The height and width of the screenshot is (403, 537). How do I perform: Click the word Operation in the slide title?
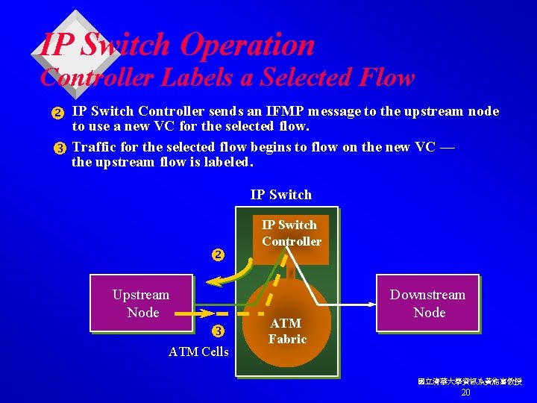[247, 46]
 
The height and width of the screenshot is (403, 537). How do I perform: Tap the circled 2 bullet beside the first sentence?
[57, 113]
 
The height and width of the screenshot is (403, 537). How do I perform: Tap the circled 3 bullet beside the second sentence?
[57, 148]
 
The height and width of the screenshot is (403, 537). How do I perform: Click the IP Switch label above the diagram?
[281, 195]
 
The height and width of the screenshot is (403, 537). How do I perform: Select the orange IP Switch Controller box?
[291, 237]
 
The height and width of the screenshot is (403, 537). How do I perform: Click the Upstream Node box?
[142, 303]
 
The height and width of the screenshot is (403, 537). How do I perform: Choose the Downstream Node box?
[427, 303]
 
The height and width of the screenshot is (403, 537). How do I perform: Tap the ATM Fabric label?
[286, 331]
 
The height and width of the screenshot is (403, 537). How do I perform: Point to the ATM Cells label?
[198, 352]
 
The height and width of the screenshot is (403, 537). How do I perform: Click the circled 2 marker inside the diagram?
[218, 255]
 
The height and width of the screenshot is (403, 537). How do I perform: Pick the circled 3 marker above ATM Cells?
[218, 331]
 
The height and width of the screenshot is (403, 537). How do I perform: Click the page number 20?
[465, 393]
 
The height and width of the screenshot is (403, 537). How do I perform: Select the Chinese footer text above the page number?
[469, 381]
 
